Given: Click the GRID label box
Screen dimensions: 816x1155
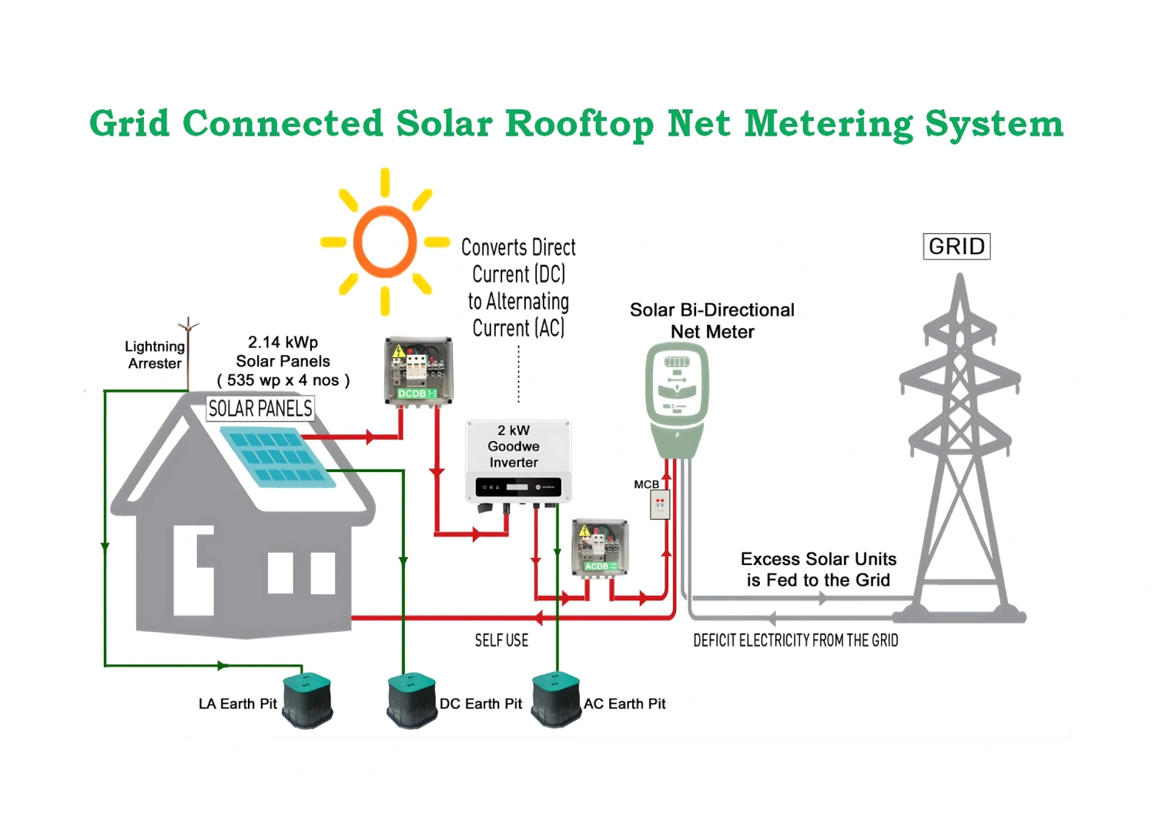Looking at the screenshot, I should pyautogui.click(x=956, y=246).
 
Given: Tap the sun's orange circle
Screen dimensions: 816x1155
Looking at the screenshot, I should pyautogui.click(x=385, y=242).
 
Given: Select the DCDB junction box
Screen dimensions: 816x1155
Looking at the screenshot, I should pyautogui.click(x=418, y=370).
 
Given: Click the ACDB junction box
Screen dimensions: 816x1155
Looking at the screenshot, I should pyautogui.click(x=600, y=547).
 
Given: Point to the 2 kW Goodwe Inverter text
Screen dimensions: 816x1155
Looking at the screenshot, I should pyautogui.click(x=514, y=446).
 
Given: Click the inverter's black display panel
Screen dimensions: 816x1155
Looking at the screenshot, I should pyautogui.click(x=517, y=487).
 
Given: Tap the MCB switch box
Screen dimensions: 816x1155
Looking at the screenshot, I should pyautogui.click(x=660, y=505).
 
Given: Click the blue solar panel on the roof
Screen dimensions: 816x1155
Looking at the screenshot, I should pyautogui.click(x=278, y=457).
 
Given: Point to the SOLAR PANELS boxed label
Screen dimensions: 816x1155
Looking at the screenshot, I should pyautogui.click(x=260, y=408).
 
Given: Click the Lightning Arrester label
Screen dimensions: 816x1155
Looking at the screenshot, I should pyautogui.click(x=155, y=355).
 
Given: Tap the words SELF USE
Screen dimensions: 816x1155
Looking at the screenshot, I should pyautogui.click(x=501, y=640).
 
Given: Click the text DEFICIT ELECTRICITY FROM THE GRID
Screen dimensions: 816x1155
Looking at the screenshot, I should pyautogui.click(x=795, y=640).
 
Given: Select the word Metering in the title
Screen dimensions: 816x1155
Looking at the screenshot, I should pyautogui.click(x=828, y=124).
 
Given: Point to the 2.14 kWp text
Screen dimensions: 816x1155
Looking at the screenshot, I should pyautogui.click(x=283, y=342).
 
